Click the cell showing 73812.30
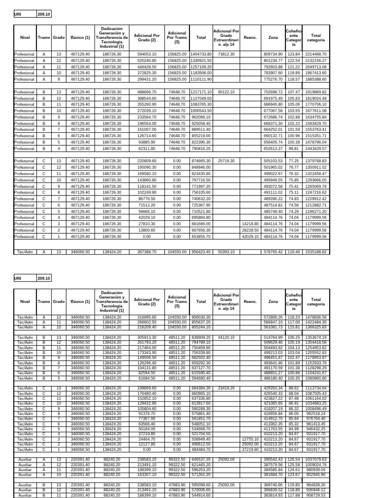pos(226,53)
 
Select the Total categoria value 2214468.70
pos(316,53)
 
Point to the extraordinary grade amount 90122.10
pos(226,91)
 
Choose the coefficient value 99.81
pos(294,148)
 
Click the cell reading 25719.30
pos(226,160)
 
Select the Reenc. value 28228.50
pos(249,230)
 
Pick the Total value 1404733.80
pos(200,53)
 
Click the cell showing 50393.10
pos(226,251)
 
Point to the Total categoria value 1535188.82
pos(316,251)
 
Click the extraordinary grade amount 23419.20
pos(226,388)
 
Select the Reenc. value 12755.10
pos(249,439)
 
